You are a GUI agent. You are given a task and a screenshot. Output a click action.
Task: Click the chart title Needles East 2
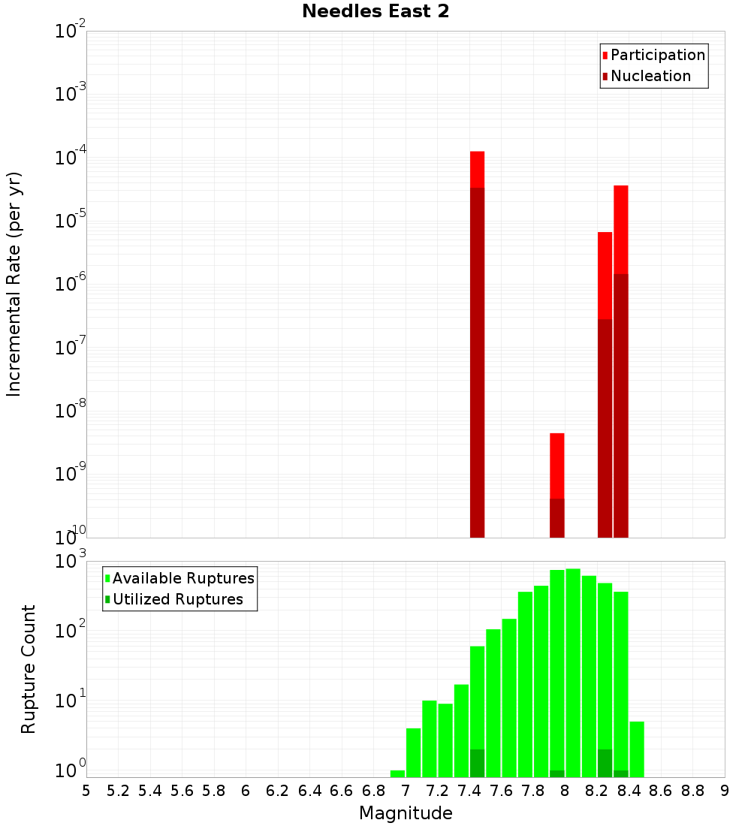(x=375, y=12)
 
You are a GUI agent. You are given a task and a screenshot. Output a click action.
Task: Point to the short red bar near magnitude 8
(x=556, y=466)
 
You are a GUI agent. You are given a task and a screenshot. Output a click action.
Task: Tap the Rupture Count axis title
(x=29, y=669)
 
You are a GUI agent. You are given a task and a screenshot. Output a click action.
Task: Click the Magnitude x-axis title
(x=406, y=813)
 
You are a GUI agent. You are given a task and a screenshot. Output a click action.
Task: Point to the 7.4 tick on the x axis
(x=469, y=790)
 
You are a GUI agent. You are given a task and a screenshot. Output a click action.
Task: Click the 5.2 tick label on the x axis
(x=118, y=790)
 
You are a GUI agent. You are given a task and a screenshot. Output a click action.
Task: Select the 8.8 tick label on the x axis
(x=692, y=790)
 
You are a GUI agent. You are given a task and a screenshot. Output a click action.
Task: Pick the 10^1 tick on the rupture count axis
(x=72, y=701)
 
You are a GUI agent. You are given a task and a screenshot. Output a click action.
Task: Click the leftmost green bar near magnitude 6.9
(x=397, y=773)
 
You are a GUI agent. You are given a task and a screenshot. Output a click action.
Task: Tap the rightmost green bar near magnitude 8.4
(x=637, y=749)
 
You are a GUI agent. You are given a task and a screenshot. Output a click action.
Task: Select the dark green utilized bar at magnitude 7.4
(x=477, y=763)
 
